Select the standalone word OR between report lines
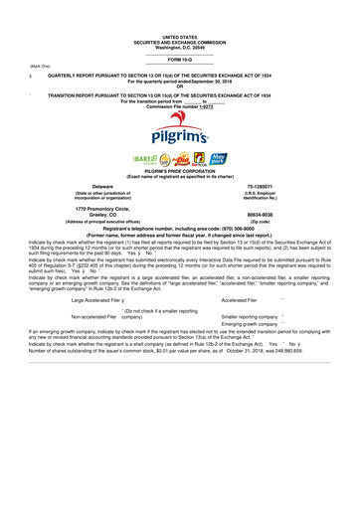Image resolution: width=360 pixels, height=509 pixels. point(180,85)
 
